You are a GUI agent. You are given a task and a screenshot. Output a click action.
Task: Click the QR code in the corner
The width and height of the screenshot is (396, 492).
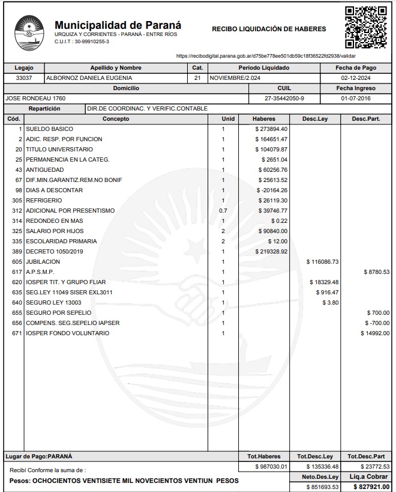pyautogui.click(x=365, y=27)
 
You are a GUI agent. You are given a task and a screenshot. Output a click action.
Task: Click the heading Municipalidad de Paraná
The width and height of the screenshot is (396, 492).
pyautogui.click(x=118, y=25)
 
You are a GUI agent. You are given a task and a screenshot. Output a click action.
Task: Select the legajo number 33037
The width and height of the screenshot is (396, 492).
pyautogui.click(x=24, y=78)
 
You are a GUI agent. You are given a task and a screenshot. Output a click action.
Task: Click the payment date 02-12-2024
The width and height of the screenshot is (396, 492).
pyautogui.click(x=356, y=78)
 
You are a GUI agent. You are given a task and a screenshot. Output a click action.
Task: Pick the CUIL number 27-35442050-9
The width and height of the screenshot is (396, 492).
pyautogui.click(x=284, y=98)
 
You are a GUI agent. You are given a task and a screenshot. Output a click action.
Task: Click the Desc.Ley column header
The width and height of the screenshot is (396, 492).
pyautogui.click(x=314, y=119)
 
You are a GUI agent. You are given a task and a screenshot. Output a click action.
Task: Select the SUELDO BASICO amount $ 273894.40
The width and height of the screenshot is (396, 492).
pyautogui.click(x=271, y=129)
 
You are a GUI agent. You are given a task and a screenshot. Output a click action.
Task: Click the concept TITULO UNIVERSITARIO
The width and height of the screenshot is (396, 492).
pyautogui.click(x=59, y=150)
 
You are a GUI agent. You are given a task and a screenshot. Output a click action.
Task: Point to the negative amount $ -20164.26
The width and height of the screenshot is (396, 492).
pyautogui.click(x=271, y=190)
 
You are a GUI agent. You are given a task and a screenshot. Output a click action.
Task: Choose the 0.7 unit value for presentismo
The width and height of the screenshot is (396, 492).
pyautogui.click(x=223, y=211)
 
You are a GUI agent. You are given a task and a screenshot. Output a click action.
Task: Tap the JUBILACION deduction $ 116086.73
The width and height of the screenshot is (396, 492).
pyautogui.click(x=322, y=262)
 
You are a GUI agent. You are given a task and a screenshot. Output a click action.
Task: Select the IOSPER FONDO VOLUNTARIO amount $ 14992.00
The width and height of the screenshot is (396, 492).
pyautogui.click(x=375, y=333)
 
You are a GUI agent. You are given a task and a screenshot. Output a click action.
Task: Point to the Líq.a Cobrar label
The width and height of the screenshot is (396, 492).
pyautogui.click(x=369, y=476)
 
